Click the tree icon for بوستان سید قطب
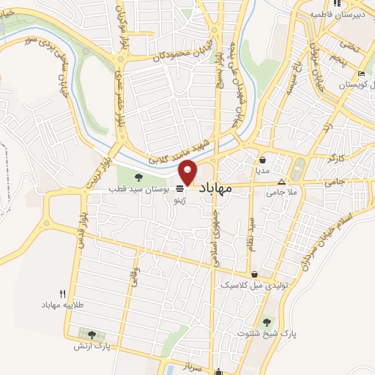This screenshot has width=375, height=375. (138, 176)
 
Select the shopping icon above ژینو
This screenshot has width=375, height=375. (179, 188)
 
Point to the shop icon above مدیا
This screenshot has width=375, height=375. (263, 159)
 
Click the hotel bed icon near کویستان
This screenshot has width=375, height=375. (360, 75)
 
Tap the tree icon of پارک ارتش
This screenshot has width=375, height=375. (91, 335)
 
